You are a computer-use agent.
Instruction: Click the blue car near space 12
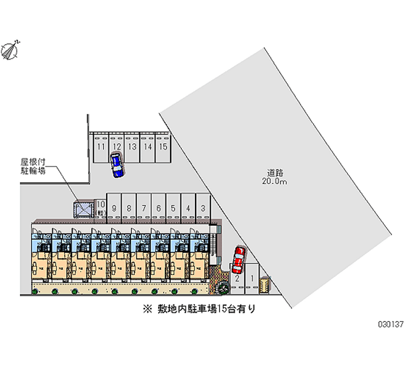click(x=117, y=165)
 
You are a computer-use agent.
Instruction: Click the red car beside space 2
click(x=238, y=259)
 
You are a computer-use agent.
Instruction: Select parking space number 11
click(x=101, y=147)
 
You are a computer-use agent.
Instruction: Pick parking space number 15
click(x=163, y=147)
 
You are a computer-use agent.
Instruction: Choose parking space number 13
click(x=132, y=147)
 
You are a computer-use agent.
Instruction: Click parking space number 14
click(x=147, y=147)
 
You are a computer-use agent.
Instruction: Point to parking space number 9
click(x=115, y=207)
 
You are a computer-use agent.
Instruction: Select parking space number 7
click(x=144, y=207)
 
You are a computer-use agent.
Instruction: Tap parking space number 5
click(x=173, y=207)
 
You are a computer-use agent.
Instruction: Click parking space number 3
click(x=203, y=207)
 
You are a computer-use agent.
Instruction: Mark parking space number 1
click(x=251, y=278)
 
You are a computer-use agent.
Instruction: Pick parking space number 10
click(x=100, y=207)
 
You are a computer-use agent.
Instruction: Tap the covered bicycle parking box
click(x=84, y=209)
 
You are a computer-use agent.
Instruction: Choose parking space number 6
click(x=159, y=207)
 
